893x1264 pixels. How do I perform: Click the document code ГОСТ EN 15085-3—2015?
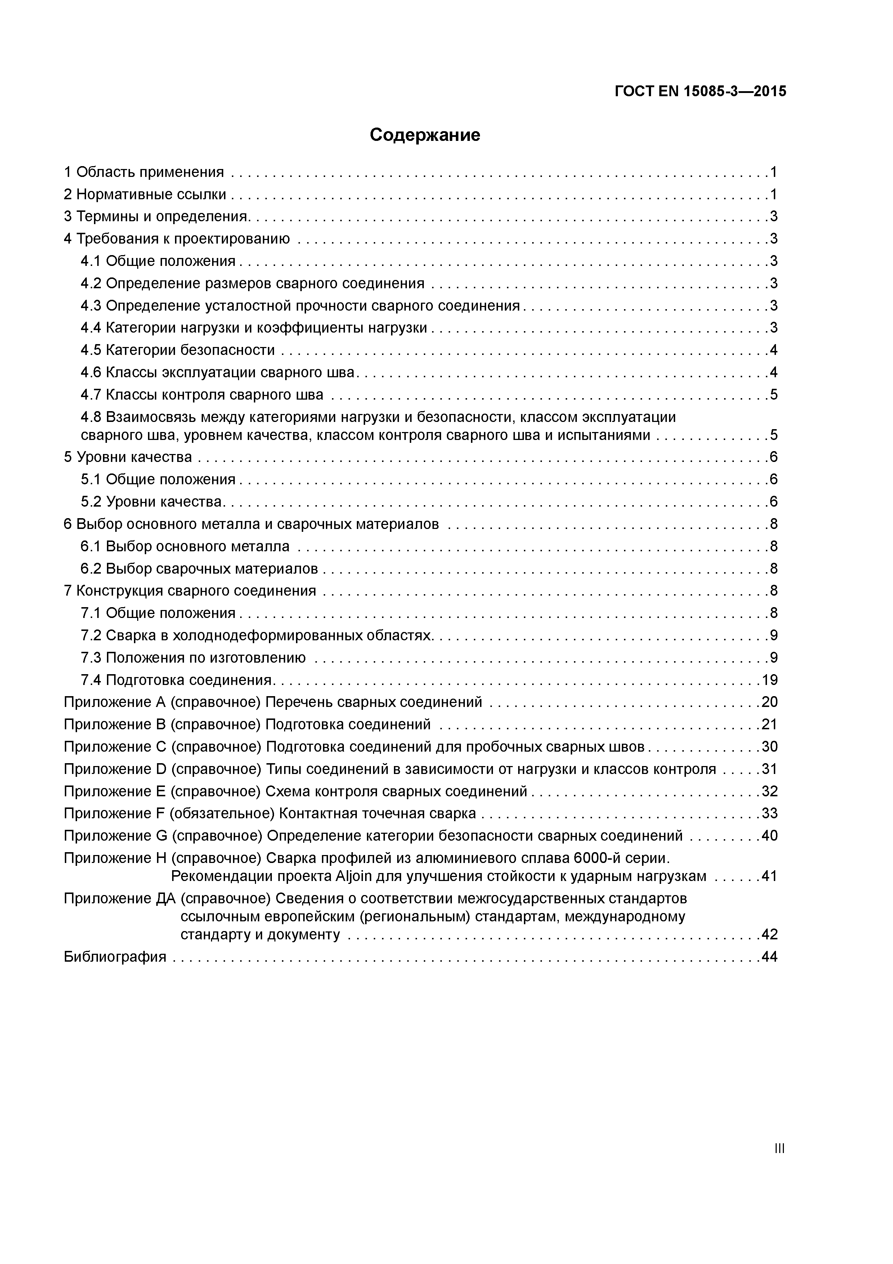pos(700,92)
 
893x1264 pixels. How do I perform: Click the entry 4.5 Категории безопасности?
pos(177,350)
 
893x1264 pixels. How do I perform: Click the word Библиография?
pos(115,957)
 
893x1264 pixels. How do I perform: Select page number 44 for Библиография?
pos(769,957)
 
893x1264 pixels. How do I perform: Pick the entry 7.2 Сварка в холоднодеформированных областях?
pos(256,635)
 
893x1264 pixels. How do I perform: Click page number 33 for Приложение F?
pos(769,813)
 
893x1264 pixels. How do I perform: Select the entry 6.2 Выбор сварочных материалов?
pos(199,569)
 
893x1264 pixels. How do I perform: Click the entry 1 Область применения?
pos(144,172)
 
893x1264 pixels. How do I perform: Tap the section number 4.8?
pos(91,417)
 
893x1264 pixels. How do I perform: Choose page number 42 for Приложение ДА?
pos(769,934)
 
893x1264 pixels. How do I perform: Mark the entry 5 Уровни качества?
pos(128,457)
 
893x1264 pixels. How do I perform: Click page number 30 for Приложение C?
pos(769,747)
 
